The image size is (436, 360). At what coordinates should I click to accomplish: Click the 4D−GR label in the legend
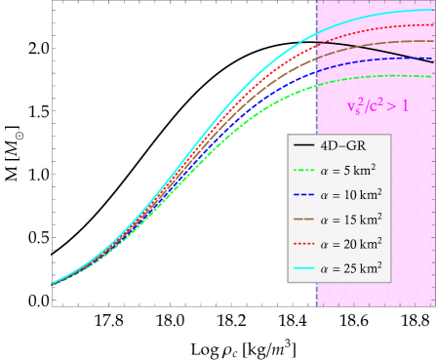tap(337, 144)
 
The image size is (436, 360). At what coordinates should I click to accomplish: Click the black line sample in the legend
tap(303, 144)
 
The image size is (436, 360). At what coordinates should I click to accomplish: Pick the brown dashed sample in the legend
tap(303, 218)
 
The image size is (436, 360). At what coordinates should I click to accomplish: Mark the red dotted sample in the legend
tap(303, 242)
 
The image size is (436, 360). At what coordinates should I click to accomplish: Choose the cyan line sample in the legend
tap(303, 266)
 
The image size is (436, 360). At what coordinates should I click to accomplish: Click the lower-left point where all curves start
tap(53, 284)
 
